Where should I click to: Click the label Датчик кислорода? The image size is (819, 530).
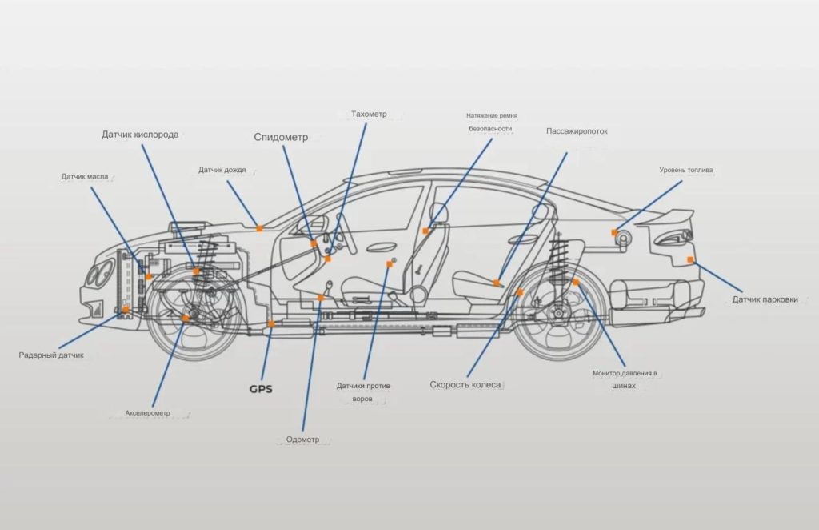(140, 135)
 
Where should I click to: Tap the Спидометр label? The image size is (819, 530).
(281, 138)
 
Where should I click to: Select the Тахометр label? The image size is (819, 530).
(369, 114)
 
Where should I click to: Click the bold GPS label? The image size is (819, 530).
(261, 389)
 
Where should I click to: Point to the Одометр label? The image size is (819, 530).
(302, 440)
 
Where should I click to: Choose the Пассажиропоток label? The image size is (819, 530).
(577, 131)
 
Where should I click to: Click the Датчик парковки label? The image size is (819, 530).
(765, 299)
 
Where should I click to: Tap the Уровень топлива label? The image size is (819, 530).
(685, 170)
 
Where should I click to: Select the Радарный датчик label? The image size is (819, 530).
(51, 355)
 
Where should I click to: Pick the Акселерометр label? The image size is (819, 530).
(147, 413)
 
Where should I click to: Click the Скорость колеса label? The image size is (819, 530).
(465, 385)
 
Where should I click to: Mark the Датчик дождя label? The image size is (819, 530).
(222, 170)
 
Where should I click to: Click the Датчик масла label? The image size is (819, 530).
(85, 177)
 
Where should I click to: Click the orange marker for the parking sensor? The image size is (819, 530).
(690, 259)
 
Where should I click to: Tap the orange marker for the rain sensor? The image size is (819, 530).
(259, 228)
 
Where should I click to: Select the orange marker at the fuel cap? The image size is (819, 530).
(614, 233)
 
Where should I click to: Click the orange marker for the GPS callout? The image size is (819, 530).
(270, 324)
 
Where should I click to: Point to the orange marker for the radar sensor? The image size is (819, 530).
(126, 310)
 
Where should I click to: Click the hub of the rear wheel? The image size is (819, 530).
(558, 314)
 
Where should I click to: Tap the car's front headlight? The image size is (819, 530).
(100, 273)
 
